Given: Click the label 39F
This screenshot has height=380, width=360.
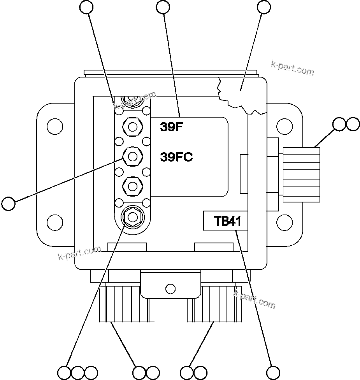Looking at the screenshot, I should tap(171, 127).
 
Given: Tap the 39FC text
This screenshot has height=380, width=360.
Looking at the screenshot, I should tap(176, 157).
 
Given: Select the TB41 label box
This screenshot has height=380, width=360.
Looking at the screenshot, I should tap(225, 221).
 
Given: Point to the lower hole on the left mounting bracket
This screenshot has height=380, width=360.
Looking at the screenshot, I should tap(54, 222).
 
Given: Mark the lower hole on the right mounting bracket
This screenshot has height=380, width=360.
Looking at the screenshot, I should tap(284, 222).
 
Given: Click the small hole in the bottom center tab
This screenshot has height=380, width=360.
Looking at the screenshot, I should tap(170, 289).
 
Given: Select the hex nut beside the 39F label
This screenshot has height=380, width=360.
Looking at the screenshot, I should tap(132, 127).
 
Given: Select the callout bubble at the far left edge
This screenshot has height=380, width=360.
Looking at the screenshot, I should tap(8, 203).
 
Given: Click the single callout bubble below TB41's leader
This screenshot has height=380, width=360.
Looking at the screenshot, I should tap(273, 372).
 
